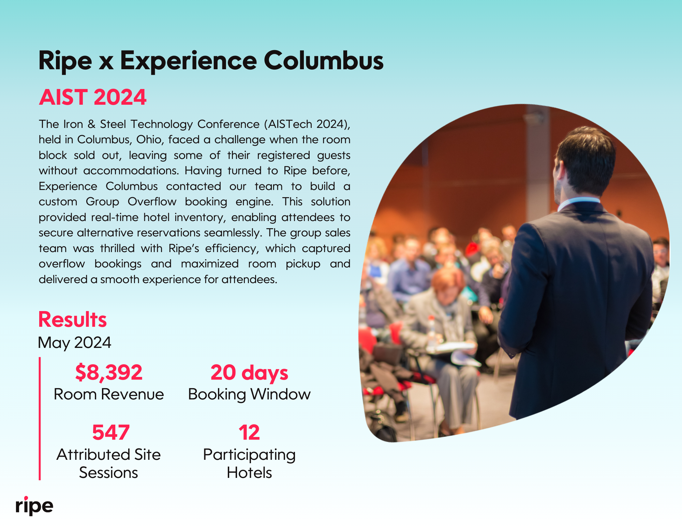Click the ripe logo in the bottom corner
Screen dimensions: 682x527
click(34, 506)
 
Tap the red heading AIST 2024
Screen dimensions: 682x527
click(92, 97)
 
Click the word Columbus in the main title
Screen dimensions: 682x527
click(324, 60)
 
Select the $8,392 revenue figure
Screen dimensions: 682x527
click(109, 372)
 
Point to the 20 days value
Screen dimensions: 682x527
click(249, 373)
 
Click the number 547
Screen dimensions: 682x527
click(111, 433)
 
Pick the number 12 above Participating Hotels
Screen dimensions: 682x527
click(249, 433)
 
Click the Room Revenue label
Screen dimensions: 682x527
click(109, 394)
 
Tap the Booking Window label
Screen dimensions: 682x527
click(249, 395)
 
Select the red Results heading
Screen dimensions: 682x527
click(73, 320)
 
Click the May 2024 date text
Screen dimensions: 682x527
click(75, 343)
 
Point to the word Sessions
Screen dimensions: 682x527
click(108, 473)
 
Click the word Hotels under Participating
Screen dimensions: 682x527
click(249, 473)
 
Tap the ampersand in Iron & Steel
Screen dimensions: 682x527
click(91, 124)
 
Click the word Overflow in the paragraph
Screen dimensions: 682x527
click(152, 202)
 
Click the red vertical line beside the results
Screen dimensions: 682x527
click(40, 419)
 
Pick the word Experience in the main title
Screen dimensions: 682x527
click(188, 61)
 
